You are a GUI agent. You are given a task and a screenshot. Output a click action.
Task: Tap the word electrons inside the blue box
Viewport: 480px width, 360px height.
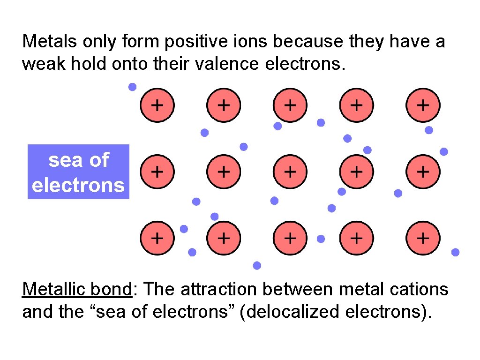pyautogui.click(x=78, y=185)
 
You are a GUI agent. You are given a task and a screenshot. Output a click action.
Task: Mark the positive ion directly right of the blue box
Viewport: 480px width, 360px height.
pyautogui.click(x=157, y=172)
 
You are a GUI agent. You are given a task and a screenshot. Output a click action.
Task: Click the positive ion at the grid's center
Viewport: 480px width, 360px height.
pyautogui.click(x=290, y=172)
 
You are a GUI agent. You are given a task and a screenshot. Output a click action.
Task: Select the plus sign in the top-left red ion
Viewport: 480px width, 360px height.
pyautogui.click(x=157, y=105)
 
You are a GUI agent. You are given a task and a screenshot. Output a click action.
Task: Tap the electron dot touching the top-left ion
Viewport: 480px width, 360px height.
pyautogui.click(x=133, y=87)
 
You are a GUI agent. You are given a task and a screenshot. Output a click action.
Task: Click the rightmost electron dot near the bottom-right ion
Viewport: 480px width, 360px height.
pyautogui.click(x=455, y=252)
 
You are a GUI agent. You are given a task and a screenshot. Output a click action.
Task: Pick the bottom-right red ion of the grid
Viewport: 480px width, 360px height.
pyautogui.click(x=423, y=238)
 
